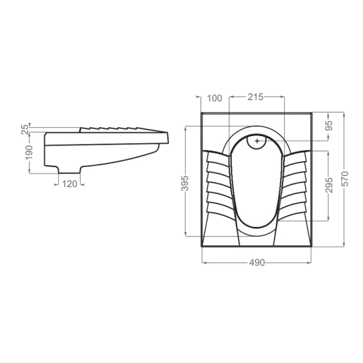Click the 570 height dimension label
(345, 178)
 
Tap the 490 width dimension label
(257, 263)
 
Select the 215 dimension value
(255, 97)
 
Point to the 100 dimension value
(214, 98)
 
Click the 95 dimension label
(329, 126)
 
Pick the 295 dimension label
(329, 185)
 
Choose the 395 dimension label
(185, 183)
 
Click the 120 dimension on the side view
(70, 184)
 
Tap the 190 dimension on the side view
(29, 152)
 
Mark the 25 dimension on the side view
(25, 129)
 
